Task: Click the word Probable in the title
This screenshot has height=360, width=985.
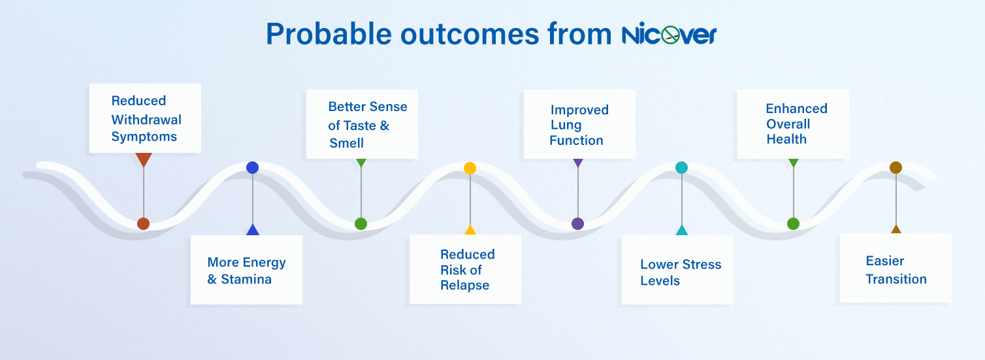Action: coord(329,35)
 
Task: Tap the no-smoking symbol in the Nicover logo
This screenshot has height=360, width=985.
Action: coord(670,35)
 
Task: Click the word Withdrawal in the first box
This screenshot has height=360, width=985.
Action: coord(146,120)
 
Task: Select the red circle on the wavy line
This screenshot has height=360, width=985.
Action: coord(143,223)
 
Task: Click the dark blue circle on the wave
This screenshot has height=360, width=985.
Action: coord(252,167)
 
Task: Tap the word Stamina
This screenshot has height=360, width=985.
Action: coord(246,280)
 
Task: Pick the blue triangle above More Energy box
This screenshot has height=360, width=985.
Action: coord(252,230)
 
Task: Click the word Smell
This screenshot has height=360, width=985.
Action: coord(346,143)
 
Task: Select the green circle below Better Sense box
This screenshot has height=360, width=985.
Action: coord(361,223)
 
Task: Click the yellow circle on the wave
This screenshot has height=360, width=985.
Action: coord(470,168)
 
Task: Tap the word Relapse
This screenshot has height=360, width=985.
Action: coord(465,286)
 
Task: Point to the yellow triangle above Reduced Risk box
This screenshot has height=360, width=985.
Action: coord(470,230)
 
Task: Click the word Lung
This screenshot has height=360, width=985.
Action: coord(566,125)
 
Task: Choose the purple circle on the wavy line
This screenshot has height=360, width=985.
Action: coord(578,223)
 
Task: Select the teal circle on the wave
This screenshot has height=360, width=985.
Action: coord(681,168)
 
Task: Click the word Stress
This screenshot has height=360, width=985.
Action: coord(702,265)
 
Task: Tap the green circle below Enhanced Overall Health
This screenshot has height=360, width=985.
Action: coord(793,223)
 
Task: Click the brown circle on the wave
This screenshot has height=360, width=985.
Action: coord(896,168)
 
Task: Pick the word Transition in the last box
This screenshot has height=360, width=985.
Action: coord(896,279)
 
